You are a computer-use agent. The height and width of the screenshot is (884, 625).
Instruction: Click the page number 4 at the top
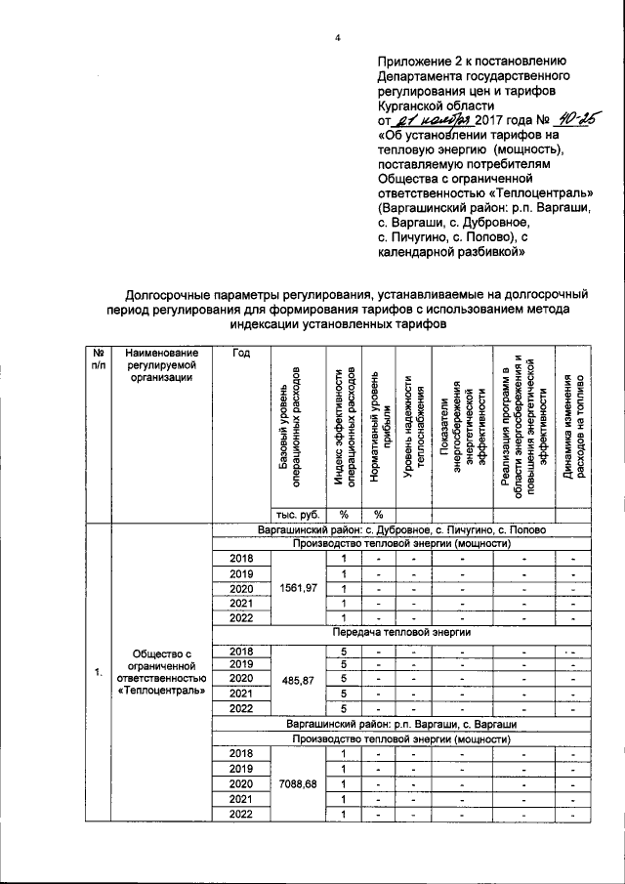[x=337, y=38]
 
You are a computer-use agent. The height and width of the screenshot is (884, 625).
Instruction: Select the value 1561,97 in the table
[x=300, y=590]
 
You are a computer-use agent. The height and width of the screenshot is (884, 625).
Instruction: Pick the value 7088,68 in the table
[x=300, y=783]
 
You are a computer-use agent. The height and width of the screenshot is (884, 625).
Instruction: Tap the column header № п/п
[x=98, y=358]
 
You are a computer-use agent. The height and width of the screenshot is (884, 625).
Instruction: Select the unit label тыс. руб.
[x=300, y=514]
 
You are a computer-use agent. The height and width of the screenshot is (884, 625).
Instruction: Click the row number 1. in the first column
[x=97, y=673]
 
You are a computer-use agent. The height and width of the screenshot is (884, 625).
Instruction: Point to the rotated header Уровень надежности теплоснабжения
[x=416, y=430]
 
